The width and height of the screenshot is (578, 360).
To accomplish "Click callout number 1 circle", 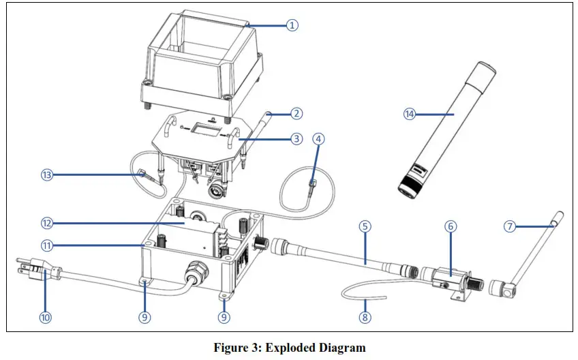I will point(292,25).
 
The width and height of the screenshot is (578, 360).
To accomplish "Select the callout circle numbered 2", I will point(295,114).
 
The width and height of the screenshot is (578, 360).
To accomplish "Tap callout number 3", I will point(295,139).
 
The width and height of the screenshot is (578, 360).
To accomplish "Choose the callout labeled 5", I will point(366,226).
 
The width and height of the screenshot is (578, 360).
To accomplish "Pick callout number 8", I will point(366,316).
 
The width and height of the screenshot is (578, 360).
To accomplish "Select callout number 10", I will point(44,316).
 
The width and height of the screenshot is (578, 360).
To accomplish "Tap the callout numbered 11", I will point(44,245).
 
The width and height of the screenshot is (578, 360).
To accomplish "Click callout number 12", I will point(44,223).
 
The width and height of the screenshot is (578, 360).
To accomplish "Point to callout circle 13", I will point(44,175).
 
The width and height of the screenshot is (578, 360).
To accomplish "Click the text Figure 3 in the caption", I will point(236,348).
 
